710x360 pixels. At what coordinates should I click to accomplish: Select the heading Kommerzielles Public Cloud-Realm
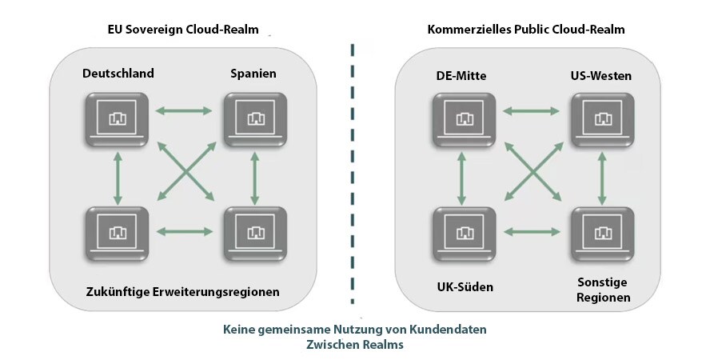(x=526, y=30)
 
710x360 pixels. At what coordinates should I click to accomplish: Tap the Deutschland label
(x=118, y=74)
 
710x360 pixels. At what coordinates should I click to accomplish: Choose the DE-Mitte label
(x=461, y=76)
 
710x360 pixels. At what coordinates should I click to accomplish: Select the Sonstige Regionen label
(x=603, y=290)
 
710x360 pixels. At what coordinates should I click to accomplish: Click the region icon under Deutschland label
(x=118, y=118)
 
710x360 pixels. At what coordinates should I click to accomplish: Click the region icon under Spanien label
(x=255, y=118)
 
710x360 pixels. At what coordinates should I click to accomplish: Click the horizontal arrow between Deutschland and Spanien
(x=185, y=110)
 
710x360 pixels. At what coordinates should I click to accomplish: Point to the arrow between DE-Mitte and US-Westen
(x=533, y=110)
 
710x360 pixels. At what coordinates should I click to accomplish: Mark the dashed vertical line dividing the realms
(x=353, y=176)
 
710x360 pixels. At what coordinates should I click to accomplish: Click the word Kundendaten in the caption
(x=450, y=329)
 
